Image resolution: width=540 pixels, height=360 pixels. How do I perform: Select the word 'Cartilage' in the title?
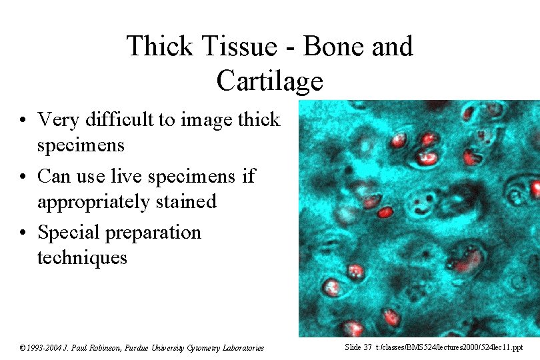[x=269, y=81]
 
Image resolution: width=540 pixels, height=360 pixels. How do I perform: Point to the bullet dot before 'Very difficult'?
[x=23, y=120]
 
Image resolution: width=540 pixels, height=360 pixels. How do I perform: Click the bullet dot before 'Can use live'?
[x=23, y=177]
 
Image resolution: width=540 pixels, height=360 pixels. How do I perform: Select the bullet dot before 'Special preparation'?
[x=23, y=233]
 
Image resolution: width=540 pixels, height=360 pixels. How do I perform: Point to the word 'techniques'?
[x=81, y=257]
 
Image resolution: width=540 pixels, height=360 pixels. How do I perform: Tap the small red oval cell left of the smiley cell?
[x=385, y=212]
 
